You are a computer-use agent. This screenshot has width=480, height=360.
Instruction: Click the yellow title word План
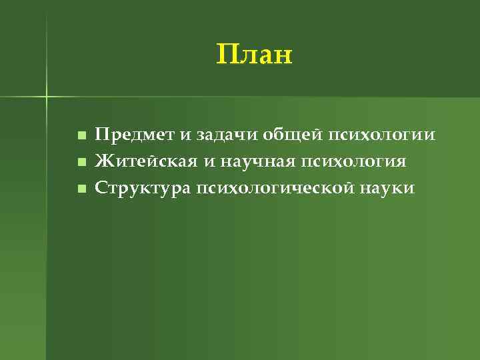[x=255, y=55]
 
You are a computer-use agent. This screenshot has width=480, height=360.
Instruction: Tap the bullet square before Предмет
[x=81, y=136]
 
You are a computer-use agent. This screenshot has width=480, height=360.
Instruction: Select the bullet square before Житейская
[x=81, y=162]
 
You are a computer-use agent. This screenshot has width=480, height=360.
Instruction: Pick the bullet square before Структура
[x=81, y=189]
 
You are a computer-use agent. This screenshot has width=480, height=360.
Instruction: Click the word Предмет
[x=135, y=135]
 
